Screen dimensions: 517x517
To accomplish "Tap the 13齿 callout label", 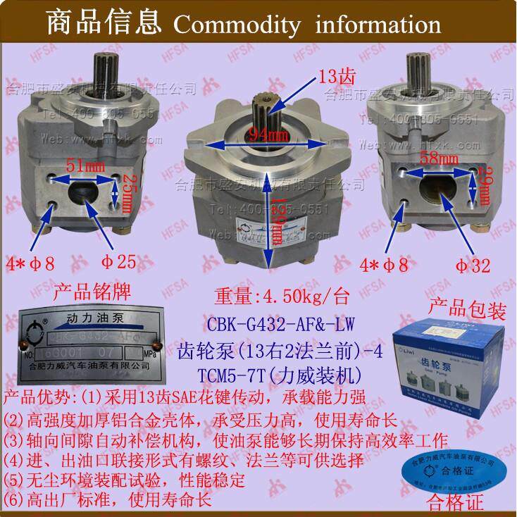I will click(331, 76).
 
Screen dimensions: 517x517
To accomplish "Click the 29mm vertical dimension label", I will click(482, 189).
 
